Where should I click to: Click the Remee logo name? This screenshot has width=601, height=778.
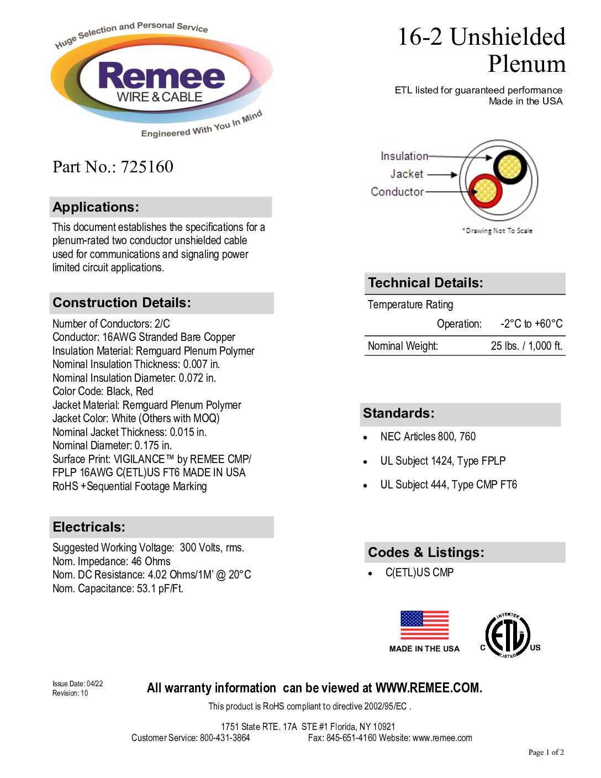point(161,76)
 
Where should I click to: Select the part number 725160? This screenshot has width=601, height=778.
point(147,167)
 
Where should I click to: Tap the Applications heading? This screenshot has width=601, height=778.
point(96,207)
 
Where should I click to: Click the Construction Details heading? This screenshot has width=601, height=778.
point(122,303)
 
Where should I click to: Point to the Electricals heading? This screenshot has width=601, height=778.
point(89,527)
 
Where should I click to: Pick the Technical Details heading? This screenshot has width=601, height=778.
point(425,283)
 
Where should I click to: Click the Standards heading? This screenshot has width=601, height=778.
point(398,413)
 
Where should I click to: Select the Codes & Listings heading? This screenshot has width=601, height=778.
point(426,553)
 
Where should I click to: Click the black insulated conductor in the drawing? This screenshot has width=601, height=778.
point(509,166)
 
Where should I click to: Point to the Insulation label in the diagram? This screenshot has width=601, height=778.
point(404,156)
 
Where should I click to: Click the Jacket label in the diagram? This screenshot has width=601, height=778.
point(407,174)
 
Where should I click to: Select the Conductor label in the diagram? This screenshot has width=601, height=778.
point(397,192)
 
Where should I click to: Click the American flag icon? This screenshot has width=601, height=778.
point(424,625)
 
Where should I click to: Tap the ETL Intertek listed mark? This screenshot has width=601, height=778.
point(508,635)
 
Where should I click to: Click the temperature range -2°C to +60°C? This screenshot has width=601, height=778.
point(531,324)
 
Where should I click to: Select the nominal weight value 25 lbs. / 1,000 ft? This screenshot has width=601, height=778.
point(526,346)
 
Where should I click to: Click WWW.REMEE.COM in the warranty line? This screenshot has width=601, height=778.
point(428,688)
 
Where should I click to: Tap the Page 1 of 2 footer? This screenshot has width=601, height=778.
point(546,752)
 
